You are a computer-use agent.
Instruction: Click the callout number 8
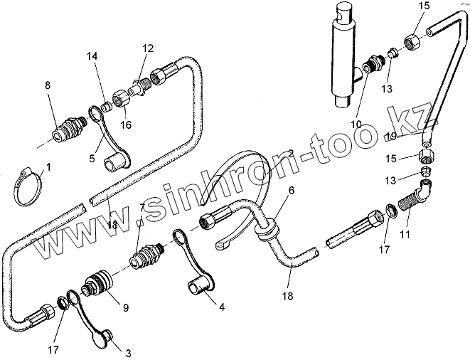click(x=48, y=87)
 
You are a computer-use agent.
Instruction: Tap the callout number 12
click(x=147, y=49)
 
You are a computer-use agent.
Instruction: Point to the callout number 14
click(x=92, y=56)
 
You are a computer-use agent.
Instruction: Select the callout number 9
click(x=125, y=308)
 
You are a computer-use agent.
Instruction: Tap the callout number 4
click(x=223, y=308)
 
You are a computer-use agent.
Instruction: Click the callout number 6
click(x=290, y=191)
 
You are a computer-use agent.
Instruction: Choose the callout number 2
click(x=290, y=153)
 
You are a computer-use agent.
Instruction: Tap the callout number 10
click(x=355, y=124)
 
